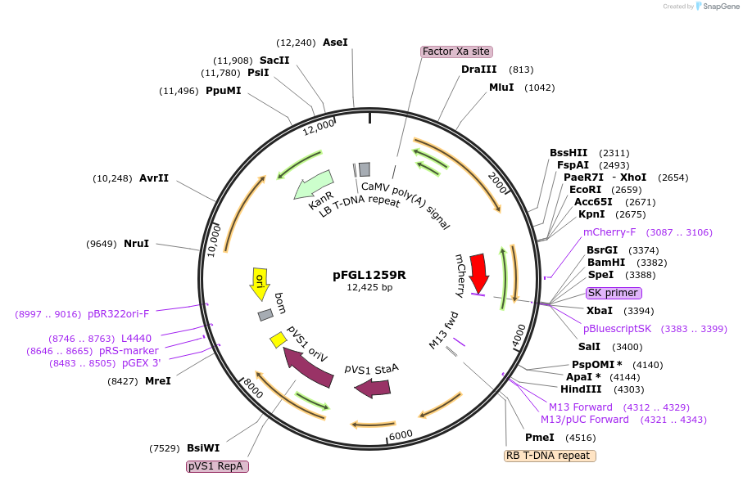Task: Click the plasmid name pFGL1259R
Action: pos(369,275)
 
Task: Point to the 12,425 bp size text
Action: pos(369,287)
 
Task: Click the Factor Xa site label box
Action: pos(456,52)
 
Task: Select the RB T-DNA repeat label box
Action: pos(549,456)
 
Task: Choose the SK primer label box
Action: pos(614,293)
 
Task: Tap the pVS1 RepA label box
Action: pos(217,466)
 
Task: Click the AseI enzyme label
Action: pos(335,42)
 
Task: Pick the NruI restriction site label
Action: pos(136,244)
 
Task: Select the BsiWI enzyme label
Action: pos(203,447)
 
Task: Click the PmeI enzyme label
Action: pos(539,437)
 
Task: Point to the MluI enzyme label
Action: pos(501,88)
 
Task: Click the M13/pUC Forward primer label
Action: pos(585,420)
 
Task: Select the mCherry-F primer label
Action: pos(609,232)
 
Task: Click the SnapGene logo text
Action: pos(718,7)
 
